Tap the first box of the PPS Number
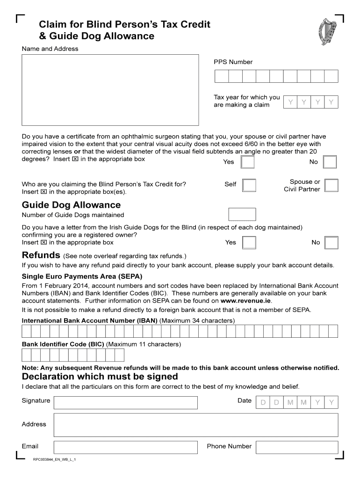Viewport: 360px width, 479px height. coord(221,76)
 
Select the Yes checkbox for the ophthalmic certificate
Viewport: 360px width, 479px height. coord(247,162)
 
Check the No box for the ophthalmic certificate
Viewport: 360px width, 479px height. coord(330,162)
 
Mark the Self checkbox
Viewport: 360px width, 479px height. coord(250,185)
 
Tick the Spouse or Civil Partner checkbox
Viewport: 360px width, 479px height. coord(331,185)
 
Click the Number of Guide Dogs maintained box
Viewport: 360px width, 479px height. coord(242,214)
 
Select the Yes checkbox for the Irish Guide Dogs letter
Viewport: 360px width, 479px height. coord(250,242)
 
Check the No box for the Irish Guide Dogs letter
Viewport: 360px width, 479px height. coord(331,242)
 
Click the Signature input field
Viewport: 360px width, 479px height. coord(126,403)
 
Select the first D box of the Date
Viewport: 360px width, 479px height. coord(263,402)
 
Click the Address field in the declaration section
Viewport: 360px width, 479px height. coord(196,425)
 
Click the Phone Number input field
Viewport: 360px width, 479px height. coord(297,447)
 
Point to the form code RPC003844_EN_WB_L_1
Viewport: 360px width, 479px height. coord(54,460)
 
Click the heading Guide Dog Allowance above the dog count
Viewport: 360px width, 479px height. coord(71,205)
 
